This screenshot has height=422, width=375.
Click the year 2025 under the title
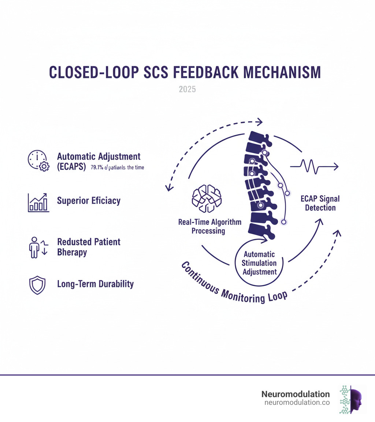pyautogui.click(x=187, y=89)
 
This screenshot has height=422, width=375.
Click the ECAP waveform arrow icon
pyautogui.click(x=314, y=167)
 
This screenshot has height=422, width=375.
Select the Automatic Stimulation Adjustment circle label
pyautogui.click(x=260, y=263)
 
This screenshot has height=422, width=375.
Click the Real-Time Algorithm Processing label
pyautogui.click(x=210, y=226)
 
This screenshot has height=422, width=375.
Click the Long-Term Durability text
pyautogui.click(x=95, y=284)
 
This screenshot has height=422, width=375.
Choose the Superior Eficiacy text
pyautogui.click(x=89, y=200)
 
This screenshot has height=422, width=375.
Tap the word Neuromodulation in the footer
pyautogui.click(x=296, y=394)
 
